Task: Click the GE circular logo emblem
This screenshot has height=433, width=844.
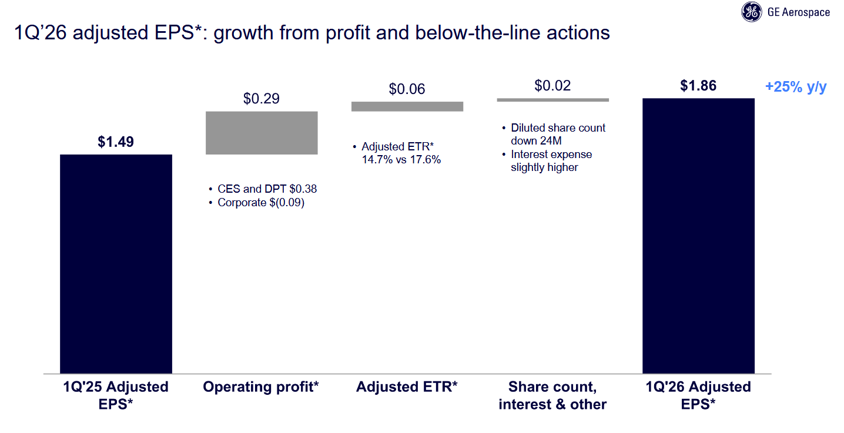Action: tap(751, 12)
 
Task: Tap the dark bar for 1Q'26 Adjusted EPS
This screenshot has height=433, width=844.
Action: tap(698, 235)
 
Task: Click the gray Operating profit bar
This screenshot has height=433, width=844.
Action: tap(262, 133)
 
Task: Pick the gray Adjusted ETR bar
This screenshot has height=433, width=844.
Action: tap(407, 106)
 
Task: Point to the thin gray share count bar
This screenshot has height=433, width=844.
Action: tap(552, 100)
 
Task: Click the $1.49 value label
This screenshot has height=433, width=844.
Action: tap(116, 142)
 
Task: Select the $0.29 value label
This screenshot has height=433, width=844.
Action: tap(262, 99)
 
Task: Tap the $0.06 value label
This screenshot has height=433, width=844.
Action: tap(407, 89)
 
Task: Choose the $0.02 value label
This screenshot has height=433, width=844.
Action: tap(552, 86)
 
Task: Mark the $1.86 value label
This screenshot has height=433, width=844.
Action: tap(698, 86)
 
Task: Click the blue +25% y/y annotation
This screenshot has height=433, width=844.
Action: tap(796, 87)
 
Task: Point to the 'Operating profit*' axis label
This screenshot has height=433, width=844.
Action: tap(261, 387)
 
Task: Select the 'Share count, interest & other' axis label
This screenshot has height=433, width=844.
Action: tap(552, 395)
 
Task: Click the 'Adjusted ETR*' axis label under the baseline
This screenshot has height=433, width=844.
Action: tap(407, 387)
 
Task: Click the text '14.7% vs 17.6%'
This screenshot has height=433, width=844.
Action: tap(401, 159)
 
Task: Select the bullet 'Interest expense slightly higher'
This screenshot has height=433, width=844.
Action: tap(551, 161)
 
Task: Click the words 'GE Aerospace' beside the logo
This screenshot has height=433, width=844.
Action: tap(799, 12)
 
